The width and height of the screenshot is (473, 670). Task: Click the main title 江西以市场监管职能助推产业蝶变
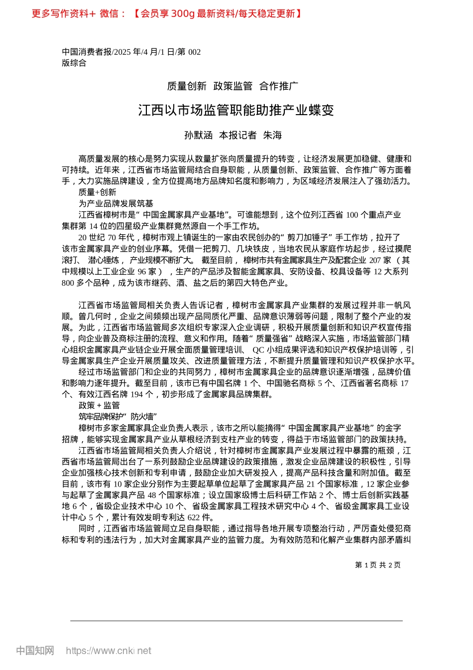(236, 110)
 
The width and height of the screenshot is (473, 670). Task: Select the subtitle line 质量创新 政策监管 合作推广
(233, 86)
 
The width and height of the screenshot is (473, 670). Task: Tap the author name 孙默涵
(198, 135)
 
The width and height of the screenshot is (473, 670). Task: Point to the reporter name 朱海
(272, 135)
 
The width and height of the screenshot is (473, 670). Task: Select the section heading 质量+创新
(97, 192)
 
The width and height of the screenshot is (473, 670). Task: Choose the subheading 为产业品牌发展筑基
(116, 203)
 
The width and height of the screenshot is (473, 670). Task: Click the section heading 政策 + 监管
(99, 405)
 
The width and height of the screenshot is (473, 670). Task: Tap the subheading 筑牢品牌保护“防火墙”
(118, 416)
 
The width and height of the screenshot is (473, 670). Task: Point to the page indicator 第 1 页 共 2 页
(377, 565)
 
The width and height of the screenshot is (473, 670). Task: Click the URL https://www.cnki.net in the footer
(109, 651)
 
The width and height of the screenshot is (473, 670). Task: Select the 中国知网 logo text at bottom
(35, 651)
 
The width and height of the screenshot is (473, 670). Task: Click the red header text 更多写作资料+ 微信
(78, 13)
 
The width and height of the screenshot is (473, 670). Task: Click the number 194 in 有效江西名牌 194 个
(136, 394)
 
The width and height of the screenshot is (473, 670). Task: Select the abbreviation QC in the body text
(258, 349)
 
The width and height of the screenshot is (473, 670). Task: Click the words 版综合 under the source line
(74, 63)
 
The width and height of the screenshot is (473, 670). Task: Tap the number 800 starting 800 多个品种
(68, 283)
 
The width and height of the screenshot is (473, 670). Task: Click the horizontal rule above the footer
(236, 621)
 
